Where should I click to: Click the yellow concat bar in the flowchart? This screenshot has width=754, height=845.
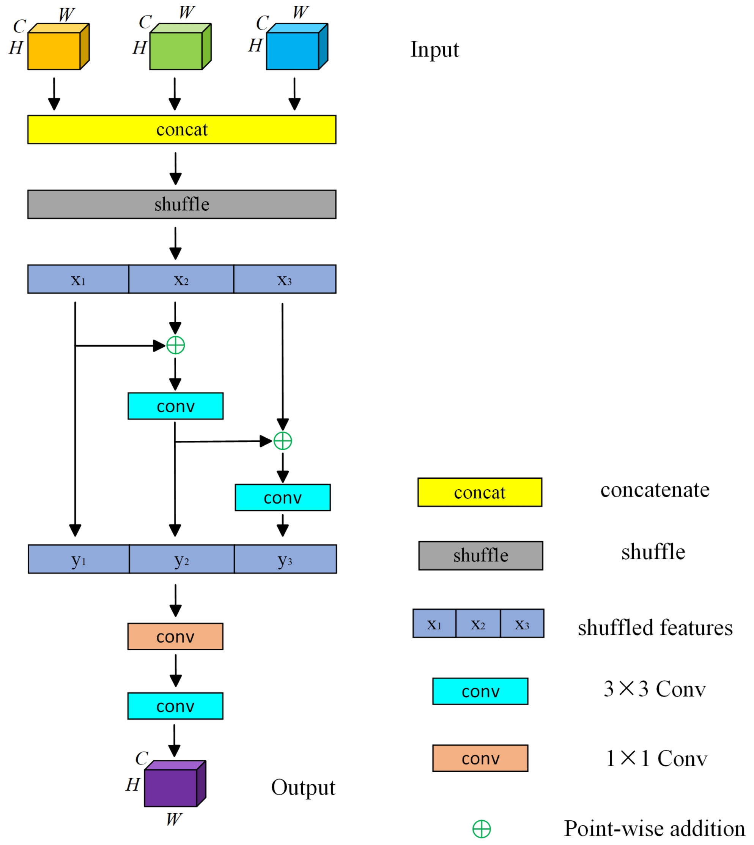(x=182, y=130)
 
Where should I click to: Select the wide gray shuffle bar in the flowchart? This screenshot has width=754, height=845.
(x=182, y=204)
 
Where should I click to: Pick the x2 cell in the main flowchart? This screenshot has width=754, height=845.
(x=181, y=279)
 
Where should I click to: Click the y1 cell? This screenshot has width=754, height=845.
(x=79, y=559)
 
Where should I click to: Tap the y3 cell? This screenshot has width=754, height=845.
(x=285, y=559)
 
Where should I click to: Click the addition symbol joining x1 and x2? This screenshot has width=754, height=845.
(x=176, y=345)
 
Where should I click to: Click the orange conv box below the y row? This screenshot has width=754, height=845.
(x=175, y=637)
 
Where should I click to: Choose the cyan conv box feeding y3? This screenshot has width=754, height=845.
(x=283, y=497)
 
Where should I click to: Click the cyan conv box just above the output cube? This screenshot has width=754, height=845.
(x=175, y=706)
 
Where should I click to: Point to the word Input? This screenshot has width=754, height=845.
(x=434, y=50)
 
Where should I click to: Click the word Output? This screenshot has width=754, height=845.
(x=303, y=787)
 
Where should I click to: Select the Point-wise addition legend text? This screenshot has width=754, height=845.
(x=655, y=829)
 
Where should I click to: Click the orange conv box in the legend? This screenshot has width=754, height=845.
(x=480, y=758)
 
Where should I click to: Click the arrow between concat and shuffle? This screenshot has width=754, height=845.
(x=176, y=168)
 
